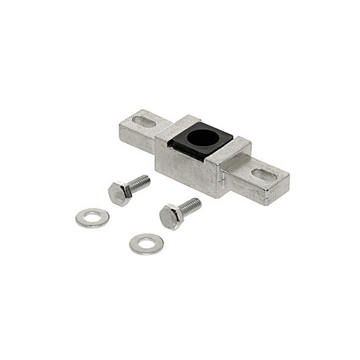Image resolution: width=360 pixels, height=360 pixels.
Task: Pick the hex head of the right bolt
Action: (x=171, y=217)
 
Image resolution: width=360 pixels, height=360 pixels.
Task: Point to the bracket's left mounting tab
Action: (x=138, y=130)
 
